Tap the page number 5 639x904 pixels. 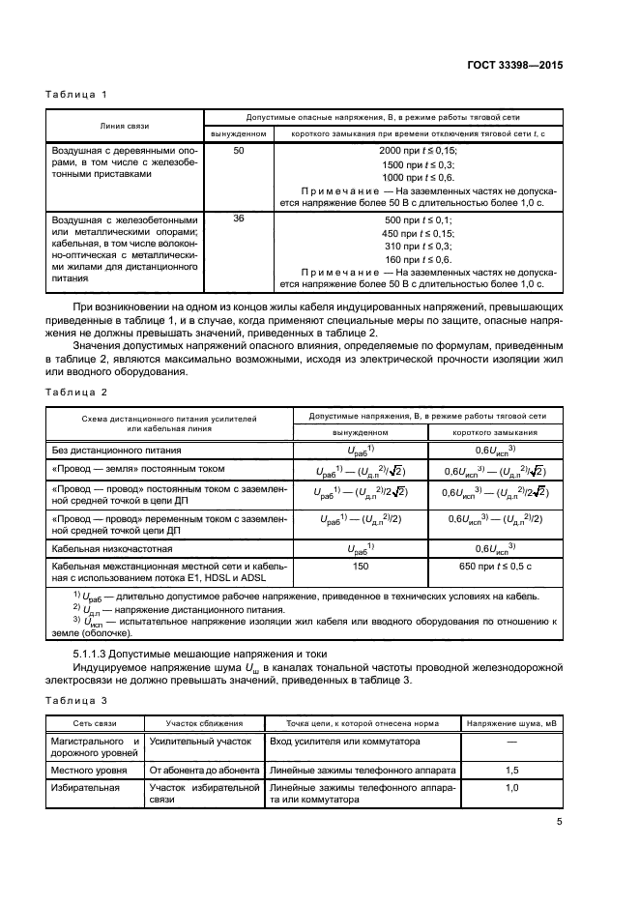[x=559, y=824]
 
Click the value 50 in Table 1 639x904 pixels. [x=239, y=151]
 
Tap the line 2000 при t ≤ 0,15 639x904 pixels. [x=418, y=151]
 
